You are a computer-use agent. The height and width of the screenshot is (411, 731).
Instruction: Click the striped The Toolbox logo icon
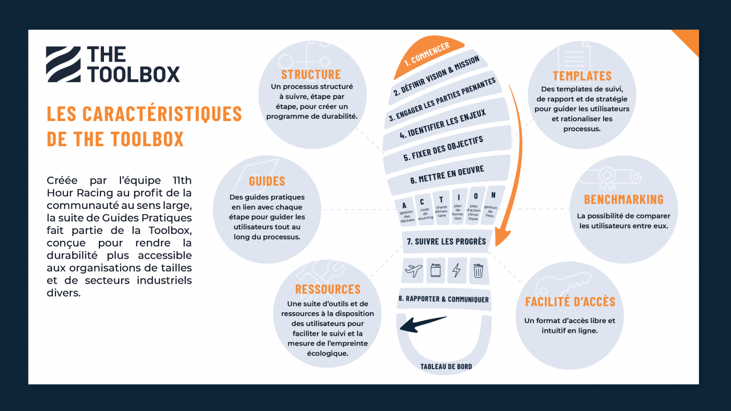pos(63,64)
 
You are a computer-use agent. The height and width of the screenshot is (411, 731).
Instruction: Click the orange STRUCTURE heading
pos(311,74)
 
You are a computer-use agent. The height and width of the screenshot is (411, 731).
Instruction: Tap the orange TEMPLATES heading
pos(582,76)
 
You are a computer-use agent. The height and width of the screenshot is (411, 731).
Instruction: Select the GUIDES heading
pos(267,182)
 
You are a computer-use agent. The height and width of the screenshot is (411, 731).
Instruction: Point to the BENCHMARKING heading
pos(624,199)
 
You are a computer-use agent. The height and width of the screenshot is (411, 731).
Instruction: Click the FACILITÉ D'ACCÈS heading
pos(570,302)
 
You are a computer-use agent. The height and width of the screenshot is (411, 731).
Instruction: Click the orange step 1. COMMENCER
pos(427,55)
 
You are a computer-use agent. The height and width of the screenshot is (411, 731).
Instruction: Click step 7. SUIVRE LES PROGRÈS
pos(446,241)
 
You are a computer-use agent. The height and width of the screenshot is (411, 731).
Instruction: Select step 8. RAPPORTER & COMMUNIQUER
pos(444,299)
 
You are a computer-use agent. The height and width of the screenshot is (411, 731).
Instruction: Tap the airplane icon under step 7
pos(413,270)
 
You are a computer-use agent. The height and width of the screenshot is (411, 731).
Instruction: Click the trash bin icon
pos(478,270)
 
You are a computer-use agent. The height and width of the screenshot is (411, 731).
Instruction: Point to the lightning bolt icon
pos(456,270)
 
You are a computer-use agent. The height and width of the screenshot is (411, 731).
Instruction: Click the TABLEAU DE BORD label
pos(446,366)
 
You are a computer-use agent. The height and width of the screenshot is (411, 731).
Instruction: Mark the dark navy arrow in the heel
pos(423,324)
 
